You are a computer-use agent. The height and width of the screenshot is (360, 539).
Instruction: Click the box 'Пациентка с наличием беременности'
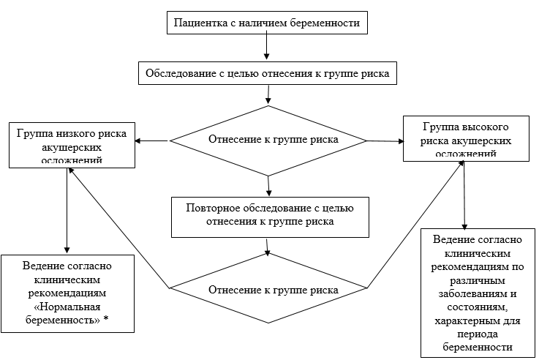266,23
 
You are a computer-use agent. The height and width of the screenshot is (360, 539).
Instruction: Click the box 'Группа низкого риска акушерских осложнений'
68,146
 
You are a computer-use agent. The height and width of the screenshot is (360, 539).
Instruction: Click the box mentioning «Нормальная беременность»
67,293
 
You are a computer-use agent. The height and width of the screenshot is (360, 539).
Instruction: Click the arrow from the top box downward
267,47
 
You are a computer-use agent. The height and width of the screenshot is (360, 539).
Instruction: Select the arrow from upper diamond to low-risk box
152,140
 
